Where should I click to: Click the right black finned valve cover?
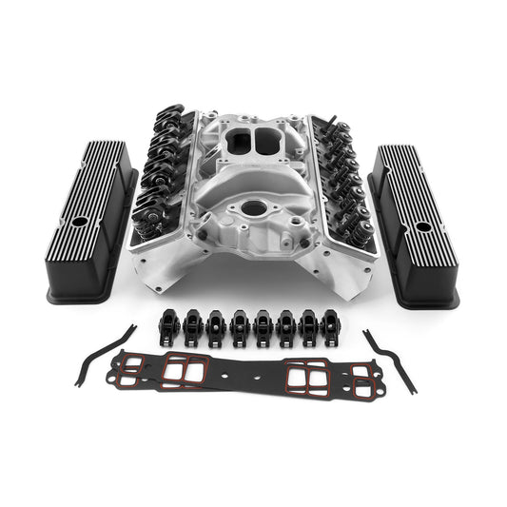(x=415, y=224)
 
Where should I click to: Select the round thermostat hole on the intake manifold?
(x=254, y=206)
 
